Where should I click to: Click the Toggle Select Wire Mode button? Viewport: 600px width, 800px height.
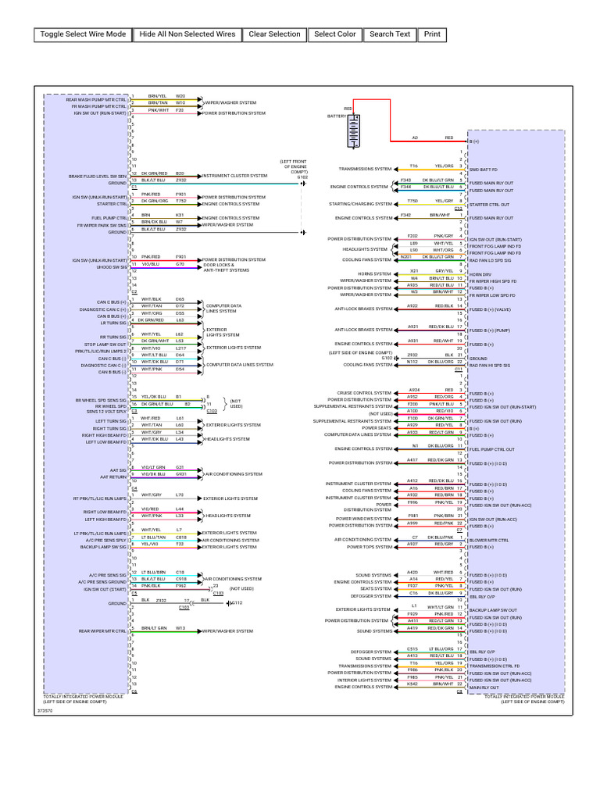pyautogui.click(x=83, y=34)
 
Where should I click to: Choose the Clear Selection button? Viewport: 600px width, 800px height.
pyautogui.click(x=274, y=34)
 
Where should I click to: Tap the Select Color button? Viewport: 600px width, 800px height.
pyautogui.click(x=335, y=34)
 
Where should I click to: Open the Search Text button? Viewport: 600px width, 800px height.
pyautogui.click(x=390, y=34)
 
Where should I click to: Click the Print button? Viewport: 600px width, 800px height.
pyautogui.click(x=432, y=34)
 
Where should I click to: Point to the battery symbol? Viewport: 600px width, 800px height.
pyautogui.click(x=355, y=131)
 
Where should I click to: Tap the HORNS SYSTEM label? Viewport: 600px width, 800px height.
pyautogui.click(x=375, y=274)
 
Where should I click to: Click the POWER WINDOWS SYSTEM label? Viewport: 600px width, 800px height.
pyautogui.click(x=364, y=519)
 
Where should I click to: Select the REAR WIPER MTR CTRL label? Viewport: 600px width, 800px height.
pyautogui.click(x=102, y=630)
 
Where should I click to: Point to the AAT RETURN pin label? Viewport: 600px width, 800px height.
pyautogui.click(x=113, y=475)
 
